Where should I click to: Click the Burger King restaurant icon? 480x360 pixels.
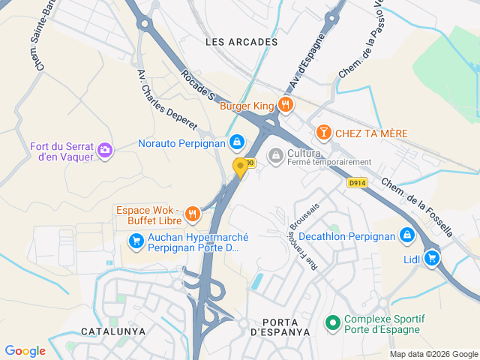click(x=284, y=105)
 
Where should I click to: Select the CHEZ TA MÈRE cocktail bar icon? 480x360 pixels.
click(x=323, y=133)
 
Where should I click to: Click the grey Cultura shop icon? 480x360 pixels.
click(x=276, y=154)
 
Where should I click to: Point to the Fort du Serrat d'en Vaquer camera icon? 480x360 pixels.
click(x=105, y=151)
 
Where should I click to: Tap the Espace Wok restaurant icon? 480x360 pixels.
click(x=192, y=214)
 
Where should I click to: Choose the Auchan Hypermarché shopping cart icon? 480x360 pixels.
click(x=136, y=241)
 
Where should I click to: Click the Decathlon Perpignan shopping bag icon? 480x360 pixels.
click(x=406, y=235)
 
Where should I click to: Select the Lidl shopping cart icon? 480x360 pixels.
click(x=431, y=258)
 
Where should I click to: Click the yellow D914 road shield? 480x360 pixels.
click(x=357, y=182)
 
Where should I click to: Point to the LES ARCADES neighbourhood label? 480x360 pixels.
click(x=241, y=42)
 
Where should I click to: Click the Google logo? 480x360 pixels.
click(x=25, y=351)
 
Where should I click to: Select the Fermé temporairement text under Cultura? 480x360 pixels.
click(x=329, y=162)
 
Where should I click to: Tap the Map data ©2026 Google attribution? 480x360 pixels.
click(x=433, y=354)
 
